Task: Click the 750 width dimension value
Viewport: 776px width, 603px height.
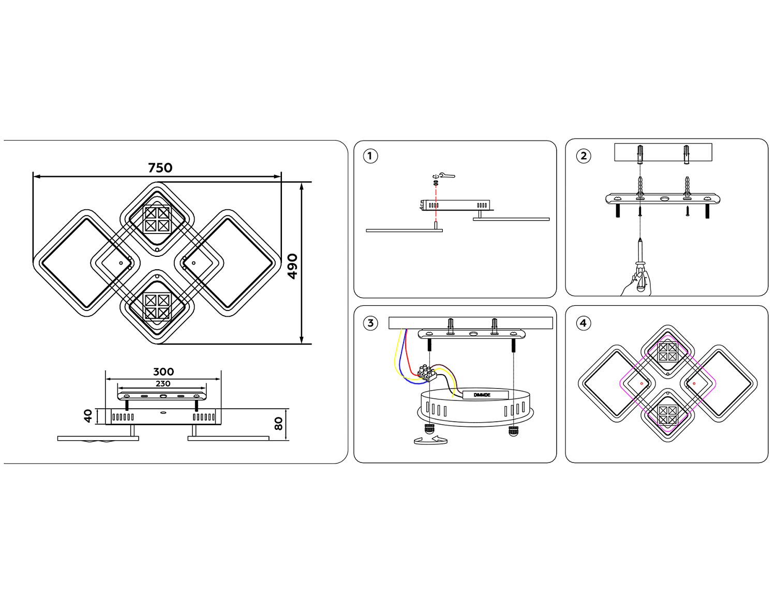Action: click(160, 168)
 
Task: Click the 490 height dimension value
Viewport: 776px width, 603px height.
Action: click(293, 266)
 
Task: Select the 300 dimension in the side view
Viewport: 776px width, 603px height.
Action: click(163, 372)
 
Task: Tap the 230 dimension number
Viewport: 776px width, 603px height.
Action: click(163, 383)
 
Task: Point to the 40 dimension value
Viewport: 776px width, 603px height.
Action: click(88, 415)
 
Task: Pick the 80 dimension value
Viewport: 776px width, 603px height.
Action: click(279, 424)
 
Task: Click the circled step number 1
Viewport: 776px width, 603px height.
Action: click(370, 156)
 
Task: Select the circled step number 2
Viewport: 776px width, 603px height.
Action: click(584, 156)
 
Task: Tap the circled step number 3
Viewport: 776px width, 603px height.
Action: click(370, 323)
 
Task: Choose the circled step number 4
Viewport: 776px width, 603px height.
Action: click(583, 323)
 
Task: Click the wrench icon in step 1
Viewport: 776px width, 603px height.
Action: click(446, 176)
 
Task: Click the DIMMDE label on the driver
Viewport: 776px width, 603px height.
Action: click(482, 395)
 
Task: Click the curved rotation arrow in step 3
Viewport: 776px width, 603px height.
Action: click(430, 440)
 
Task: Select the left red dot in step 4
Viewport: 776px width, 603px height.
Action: click(641, 383)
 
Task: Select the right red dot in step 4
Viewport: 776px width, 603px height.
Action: click(694, 383)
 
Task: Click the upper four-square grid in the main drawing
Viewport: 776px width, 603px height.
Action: click(157, 219)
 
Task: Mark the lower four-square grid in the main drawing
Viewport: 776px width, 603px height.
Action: click(157, 306)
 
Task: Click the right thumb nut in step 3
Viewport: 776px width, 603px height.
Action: click(513, 430)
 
